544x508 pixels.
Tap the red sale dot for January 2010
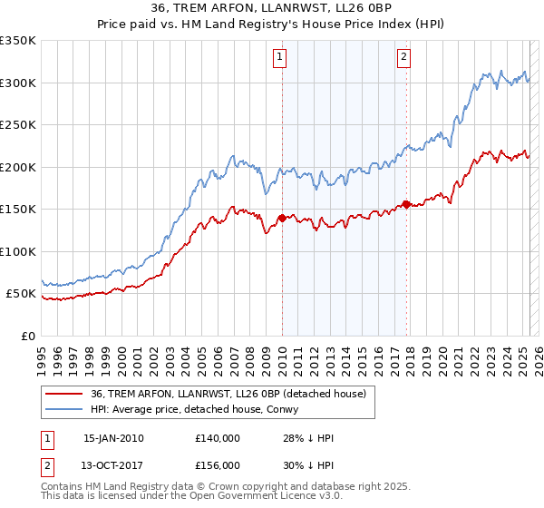pos(282,218)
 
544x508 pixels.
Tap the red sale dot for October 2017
pos(406,204)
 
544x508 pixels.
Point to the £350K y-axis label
pos(18,41)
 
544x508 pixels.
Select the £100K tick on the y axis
pos(18,251)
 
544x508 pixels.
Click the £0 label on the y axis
pos(29,336)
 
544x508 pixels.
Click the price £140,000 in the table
pos(218,438)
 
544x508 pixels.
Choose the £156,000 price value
pos(218,464)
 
